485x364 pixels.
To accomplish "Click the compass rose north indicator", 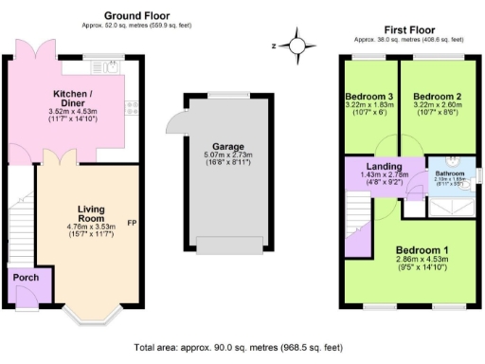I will pos(300,45).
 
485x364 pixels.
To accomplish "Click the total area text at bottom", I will pos(242,347).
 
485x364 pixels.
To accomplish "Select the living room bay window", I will pos(89,316).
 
